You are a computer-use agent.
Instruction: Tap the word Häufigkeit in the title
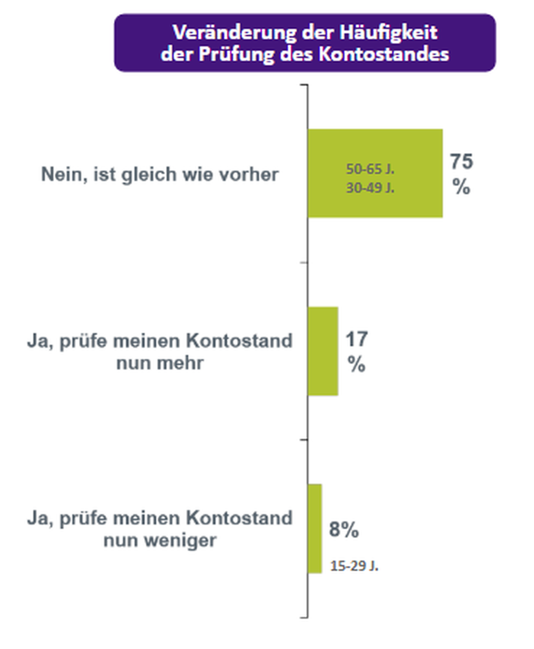[388, 33]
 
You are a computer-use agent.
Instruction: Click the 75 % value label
[461, 174]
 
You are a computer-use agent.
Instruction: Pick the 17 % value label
[356, 351]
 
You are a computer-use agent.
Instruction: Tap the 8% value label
[344, 530]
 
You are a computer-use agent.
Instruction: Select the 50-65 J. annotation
[370, 169]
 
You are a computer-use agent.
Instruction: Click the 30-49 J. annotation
[370, 188]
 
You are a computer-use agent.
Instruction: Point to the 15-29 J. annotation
[354, 566]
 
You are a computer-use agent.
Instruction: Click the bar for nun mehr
[323, 351]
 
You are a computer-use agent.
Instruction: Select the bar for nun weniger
[315, 528]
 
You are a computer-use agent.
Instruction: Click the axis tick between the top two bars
[304, 263]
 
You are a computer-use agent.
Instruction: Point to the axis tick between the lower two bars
[304, 440]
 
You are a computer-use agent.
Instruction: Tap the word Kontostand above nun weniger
[239, 518]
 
